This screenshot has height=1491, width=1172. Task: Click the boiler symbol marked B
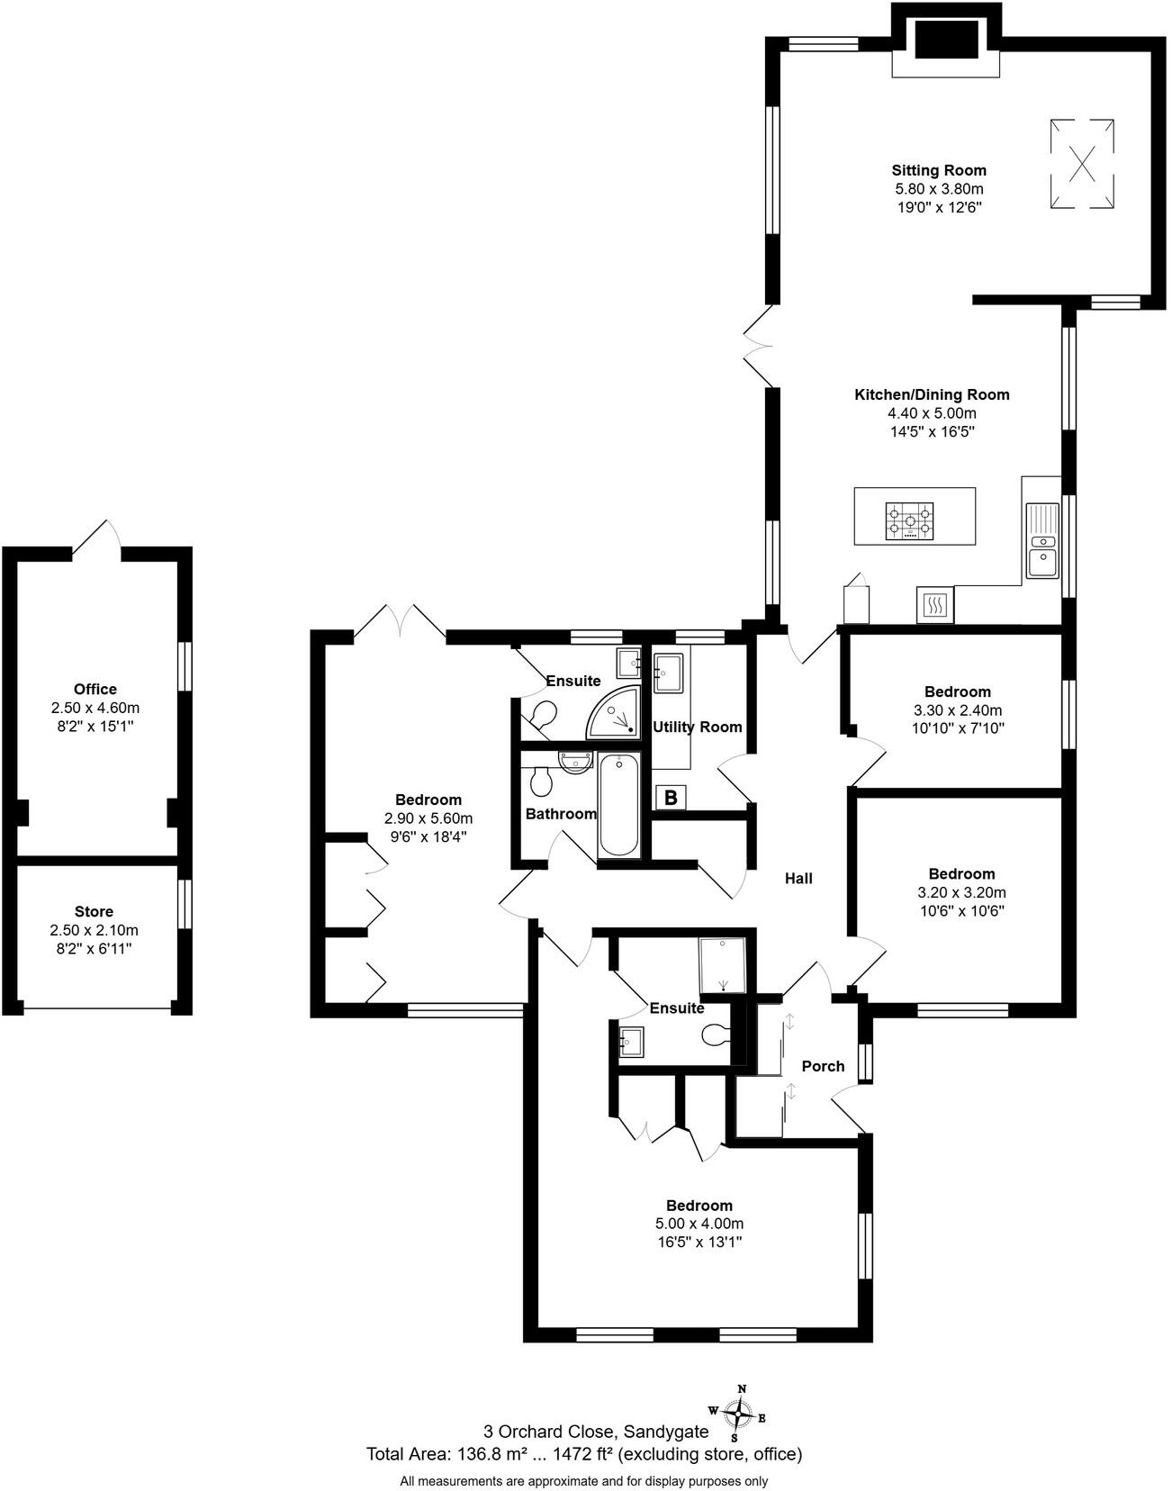click(671, 798)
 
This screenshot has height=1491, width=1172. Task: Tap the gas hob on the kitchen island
click(910, 521)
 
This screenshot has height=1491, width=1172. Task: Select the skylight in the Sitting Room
click(1084, 164)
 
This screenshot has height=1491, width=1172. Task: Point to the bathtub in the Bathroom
click(619, 805)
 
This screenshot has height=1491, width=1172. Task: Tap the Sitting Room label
click(939, 170)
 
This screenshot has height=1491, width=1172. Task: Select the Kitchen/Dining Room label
click(932, 394)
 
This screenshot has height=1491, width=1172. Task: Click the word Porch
click(823, 1066)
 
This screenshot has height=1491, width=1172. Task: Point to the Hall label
click(798, 878)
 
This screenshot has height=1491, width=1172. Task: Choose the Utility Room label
click(697, 727)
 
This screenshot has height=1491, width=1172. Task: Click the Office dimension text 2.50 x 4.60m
click(95, 708)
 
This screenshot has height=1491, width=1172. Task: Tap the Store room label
click(94, 911)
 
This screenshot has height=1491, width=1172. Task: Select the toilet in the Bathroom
click(541, 781)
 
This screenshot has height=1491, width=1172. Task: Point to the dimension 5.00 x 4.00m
click(699, 1224)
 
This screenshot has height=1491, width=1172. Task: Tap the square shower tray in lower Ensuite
click(723, 965)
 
